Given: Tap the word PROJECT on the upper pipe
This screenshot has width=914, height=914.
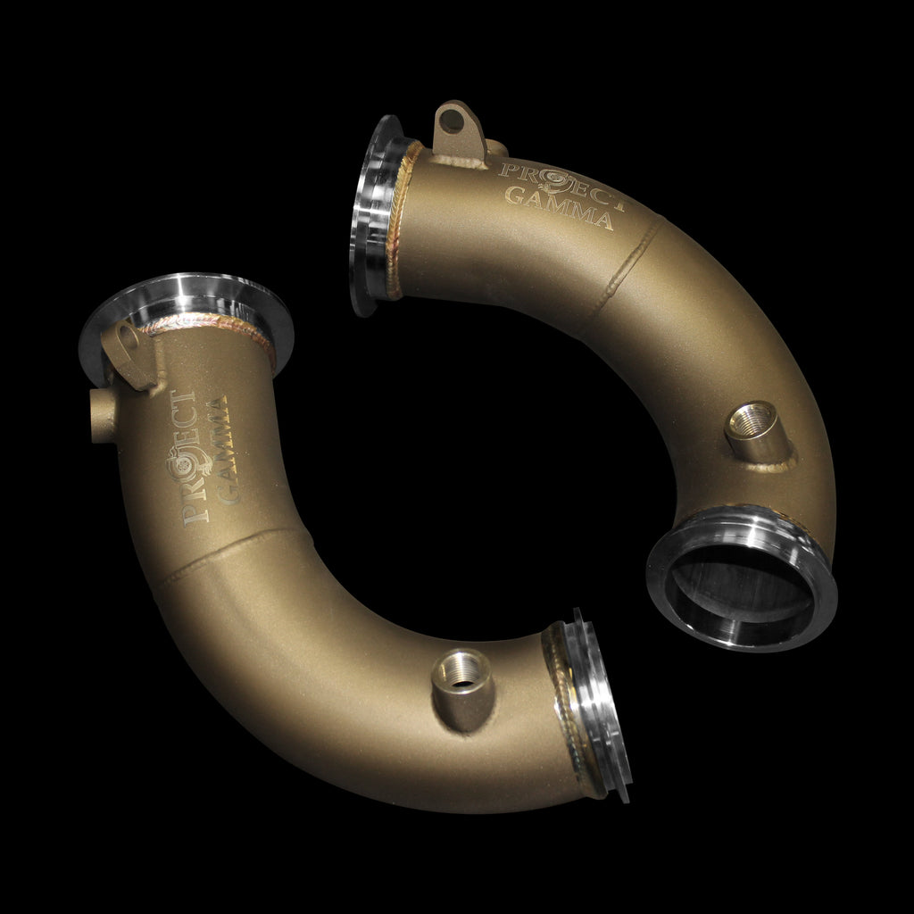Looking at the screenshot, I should coord(562,184).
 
